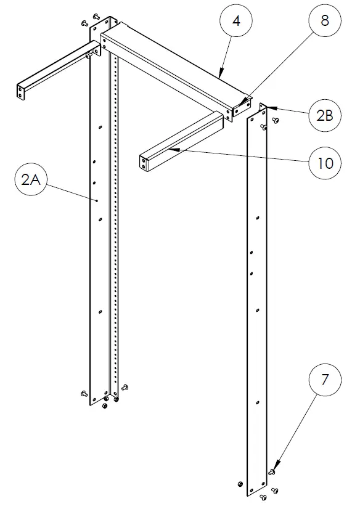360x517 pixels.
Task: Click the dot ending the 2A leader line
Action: (x=97, y=200)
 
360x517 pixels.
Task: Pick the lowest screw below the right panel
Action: (x=264, y=495)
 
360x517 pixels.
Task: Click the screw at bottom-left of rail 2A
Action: (x=84, y=393)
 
